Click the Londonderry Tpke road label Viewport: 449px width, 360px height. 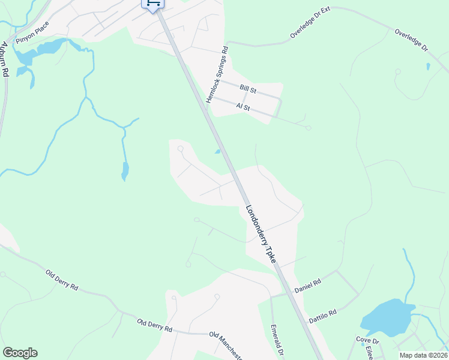(x=261, y=235)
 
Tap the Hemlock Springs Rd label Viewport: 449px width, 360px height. (x=217, y=74)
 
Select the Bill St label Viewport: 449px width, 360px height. (x=248, y=88)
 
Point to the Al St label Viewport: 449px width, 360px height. (x=243, y=106)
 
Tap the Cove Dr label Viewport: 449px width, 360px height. (x=364, y=340)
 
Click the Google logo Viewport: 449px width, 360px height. (x=20, y=353)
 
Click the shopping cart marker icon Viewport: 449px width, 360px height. (x=152, y=4)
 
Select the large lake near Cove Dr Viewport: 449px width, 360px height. (x=388, y=318)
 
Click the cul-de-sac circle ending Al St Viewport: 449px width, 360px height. (x=308, y=128)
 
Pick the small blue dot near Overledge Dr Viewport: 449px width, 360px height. (x=427, y=67)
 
